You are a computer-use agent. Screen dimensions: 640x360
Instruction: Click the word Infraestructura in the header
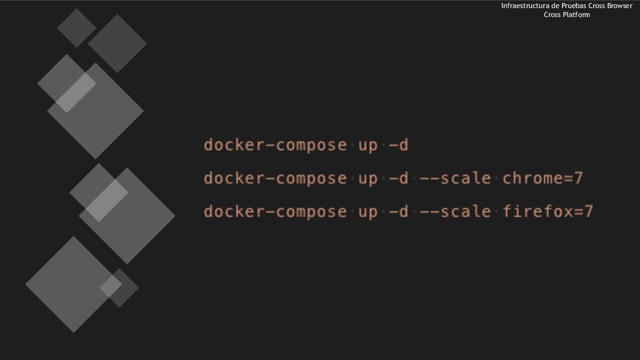click(523, 6)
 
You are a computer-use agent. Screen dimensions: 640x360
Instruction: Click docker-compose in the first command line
click(275, 146)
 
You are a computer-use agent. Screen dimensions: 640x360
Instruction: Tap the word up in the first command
click(367, 146)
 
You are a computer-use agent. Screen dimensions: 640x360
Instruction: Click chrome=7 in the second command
click(542, 179)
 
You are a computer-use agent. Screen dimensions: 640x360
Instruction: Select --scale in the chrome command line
click(455, 179)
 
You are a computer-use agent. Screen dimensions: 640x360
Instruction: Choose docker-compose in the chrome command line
click(275, 179)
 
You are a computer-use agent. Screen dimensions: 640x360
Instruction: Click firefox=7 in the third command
click(547, 212)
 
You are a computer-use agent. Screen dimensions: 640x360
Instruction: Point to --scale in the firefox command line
click(455, 212)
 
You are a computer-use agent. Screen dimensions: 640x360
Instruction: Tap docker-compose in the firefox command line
click(275, 212)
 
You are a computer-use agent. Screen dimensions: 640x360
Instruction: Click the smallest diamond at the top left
click(76, 27)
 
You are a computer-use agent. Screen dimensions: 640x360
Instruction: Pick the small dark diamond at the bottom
click(119, 287)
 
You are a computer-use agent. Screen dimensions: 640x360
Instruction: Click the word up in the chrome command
click(367, 179)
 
